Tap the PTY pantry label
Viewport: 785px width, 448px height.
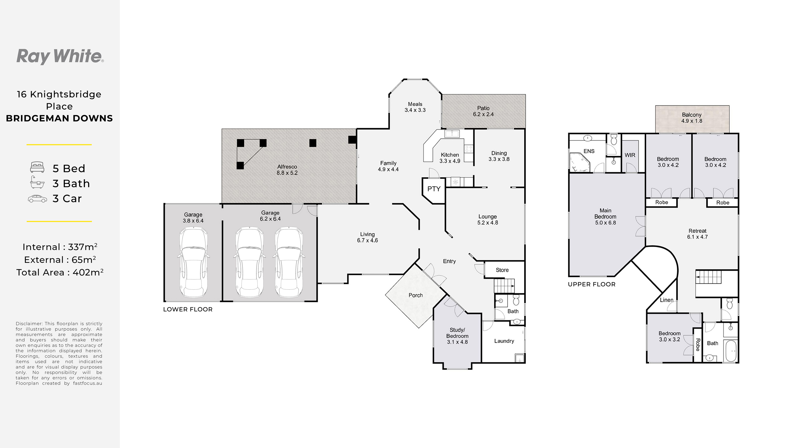click(434, 189)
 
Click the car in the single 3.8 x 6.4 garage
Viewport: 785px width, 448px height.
click(193, 262)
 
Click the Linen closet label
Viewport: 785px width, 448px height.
click(667, 300)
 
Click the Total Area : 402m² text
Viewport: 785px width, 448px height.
click(60, 272)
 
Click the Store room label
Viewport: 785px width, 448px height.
click(502, 270)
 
